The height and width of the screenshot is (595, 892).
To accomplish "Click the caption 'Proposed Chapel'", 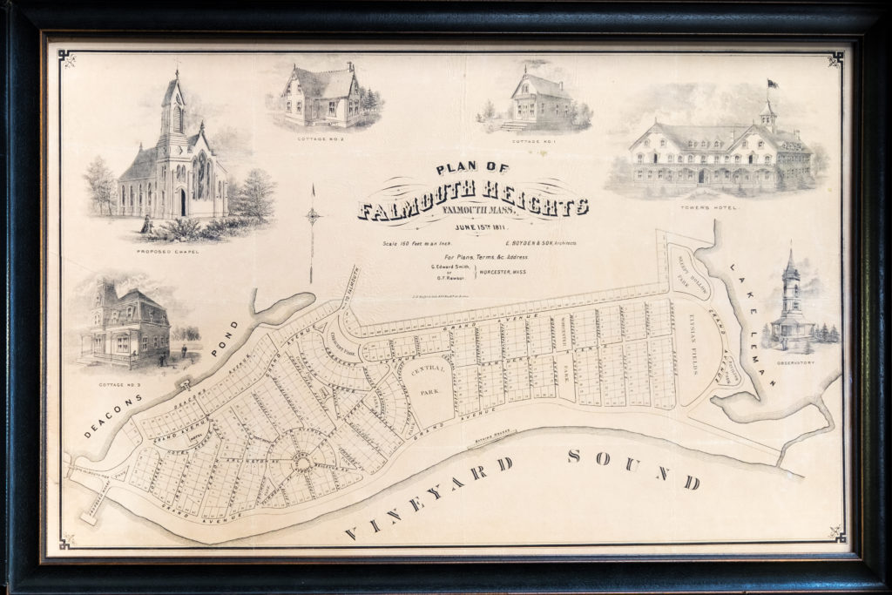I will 167,252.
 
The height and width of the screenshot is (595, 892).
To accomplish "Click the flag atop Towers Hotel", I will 772,85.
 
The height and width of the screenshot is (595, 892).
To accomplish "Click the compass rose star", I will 313,216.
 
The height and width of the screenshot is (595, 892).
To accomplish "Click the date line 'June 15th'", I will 475,227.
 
